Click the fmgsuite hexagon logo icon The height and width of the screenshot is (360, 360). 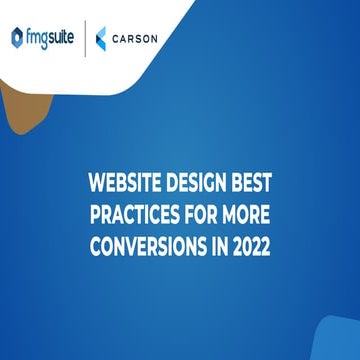(x=17, y=38)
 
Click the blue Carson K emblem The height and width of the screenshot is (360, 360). (x=103, y=39)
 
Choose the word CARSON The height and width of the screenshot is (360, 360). (x=135, y=39)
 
